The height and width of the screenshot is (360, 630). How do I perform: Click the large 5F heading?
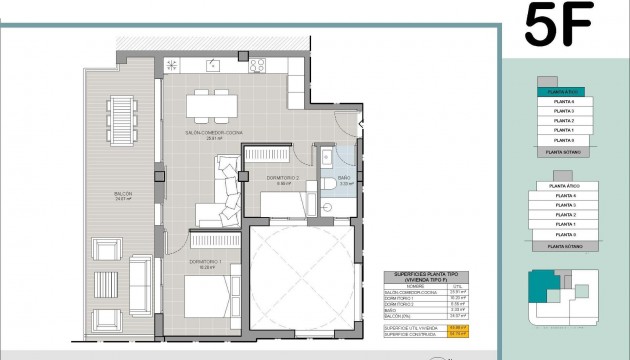pos(559,26)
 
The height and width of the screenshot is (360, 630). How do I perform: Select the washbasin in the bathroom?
pos(326,157)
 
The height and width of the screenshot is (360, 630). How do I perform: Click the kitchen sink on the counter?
pos(214,66)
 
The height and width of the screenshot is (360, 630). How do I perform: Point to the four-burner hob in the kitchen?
pos(257,66)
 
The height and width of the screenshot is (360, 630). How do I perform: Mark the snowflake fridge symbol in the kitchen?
pos(171,66)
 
